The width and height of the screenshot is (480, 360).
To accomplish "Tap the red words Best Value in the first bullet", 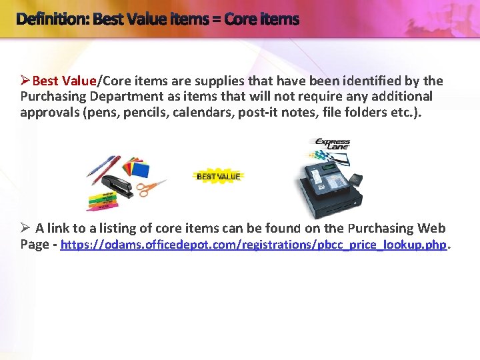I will (64, 81).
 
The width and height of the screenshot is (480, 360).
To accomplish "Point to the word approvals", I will (51, 111).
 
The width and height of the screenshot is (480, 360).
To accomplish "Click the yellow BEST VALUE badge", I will (219, 177).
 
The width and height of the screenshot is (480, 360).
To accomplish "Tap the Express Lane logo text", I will (332, 145).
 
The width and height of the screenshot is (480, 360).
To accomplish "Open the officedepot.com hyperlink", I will (253, 245).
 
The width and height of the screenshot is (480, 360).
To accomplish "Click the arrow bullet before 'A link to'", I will (25, 229).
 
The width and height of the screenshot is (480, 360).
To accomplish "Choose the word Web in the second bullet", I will (432, 229).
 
